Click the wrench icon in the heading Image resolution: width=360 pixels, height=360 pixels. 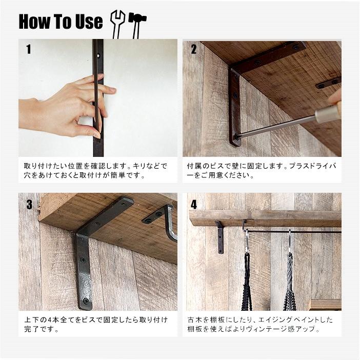(117, 24)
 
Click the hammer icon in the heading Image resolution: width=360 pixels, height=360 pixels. (137, 24)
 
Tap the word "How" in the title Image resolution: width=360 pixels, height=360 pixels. (34, 22)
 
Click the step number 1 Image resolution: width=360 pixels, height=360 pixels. (29, 49)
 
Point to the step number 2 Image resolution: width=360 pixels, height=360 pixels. (194, 49)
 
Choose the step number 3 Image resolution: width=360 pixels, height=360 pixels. (29, 204)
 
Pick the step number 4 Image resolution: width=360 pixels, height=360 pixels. (194, 204)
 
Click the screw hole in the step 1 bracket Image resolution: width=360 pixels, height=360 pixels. (98, 55)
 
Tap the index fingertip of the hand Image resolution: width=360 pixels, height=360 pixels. (112, 90)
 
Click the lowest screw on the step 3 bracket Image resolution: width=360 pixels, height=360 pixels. (86, 299)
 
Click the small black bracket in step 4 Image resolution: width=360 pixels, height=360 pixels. (219, 236)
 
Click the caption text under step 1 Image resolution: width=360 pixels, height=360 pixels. (95, 170)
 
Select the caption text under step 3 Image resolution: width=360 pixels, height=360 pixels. (96, 324)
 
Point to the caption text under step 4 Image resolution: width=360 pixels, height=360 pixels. (260, 324)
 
